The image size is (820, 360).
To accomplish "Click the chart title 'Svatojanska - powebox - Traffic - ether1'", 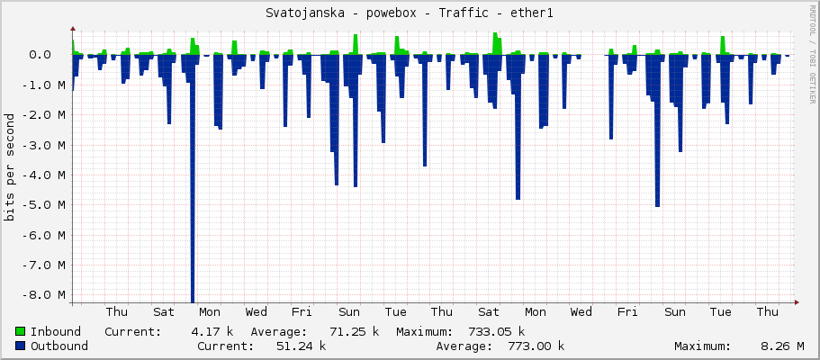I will click(x=410, y=13).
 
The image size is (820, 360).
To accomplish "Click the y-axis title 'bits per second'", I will click(x=10, y=166).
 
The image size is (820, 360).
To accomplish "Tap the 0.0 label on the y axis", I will click(x=53, y=55).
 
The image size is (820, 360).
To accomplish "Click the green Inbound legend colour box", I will click(x=21, y=331).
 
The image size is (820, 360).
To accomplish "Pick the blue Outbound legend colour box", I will click(x=21, y=346).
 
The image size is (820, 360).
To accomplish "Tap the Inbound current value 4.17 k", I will click(x=212, y=331).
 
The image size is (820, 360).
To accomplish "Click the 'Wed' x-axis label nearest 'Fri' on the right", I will click(x=581, y=311).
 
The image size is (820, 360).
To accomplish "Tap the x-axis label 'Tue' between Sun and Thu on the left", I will click(x=395, y=311).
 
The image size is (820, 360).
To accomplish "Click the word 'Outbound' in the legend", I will click(x=59, y=346).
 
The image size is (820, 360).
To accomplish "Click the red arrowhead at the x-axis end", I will click(x=797, y=302).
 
